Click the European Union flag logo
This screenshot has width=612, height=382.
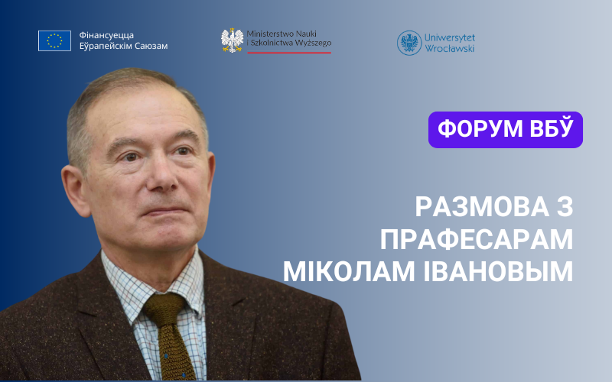(54, 41)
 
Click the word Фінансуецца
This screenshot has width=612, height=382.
(106, 35)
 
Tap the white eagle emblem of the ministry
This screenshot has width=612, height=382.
(233, 40)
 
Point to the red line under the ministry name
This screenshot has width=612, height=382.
(289, 52)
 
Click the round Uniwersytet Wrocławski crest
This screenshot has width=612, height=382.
(409, 43)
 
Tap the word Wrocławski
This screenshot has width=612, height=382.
(450, 49)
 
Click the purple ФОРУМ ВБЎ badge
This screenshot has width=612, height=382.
(506, 130)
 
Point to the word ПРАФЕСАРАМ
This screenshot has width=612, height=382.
(477, 239)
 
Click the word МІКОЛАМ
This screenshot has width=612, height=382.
(349, 272)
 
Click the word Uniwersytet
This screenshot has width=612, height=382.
(450, 37)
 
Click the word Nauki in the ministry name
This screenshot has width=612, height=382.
(307, 34)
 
